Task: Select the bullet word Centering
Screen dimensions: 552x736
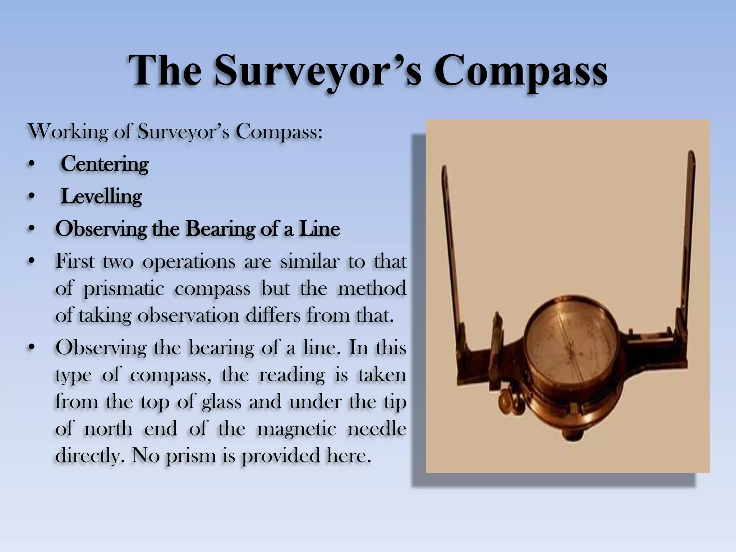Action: (105, 164)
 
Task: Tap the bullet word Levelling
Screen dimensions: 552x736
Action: (101, 197)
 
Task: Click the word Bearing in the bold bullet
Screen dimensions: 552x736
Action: (220, 229)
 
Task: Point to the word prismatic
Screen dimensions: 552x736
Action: (124, 289)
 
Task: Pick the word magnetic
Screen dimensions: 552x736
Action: (296, 429)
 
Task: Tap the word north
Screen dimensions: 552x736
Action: (108, 429)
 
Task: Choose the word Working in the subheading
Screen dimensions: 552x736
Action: (68, 132)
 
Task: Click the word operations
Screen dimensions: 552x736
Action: (189, 262)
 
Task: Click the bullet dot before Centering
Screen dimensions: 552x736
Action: (32, 164)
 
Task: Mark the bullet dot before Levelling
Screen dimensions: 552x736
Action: (32, 197)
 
